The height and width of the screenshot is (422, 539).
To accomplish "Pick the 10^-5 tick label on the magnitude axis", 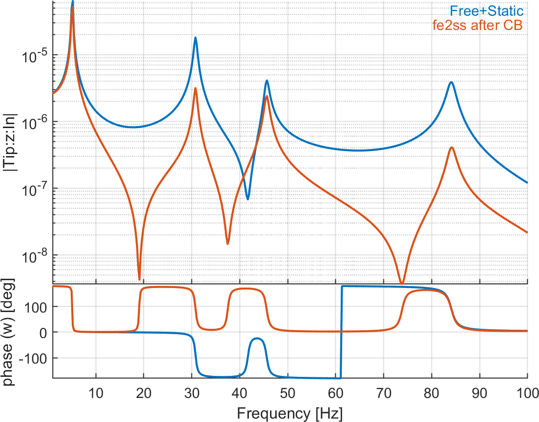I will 34,55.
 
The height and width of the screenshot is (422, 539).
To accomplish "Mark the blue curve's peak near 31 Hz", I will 195,38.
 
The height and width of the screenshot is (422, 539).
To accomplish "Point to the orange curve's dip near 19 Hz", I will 139,279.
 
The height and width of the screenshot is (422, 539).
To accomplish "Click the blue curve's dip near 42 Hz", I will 248,199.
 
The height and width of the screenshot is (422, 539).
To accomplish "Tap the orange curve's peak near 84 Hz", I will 451,148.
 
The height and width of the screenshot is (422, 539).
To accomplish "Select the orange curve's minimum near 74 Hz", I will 402,283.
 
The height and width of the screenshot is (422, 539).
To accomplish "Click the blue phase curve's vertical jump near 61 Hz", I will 341,332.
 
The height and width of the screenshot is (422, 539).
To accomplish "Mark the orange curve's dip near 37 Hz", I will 228,243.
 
